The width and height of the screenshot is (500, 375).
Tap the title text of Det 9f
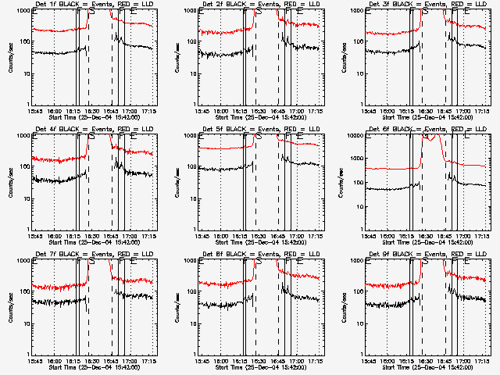click(426, 254)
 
